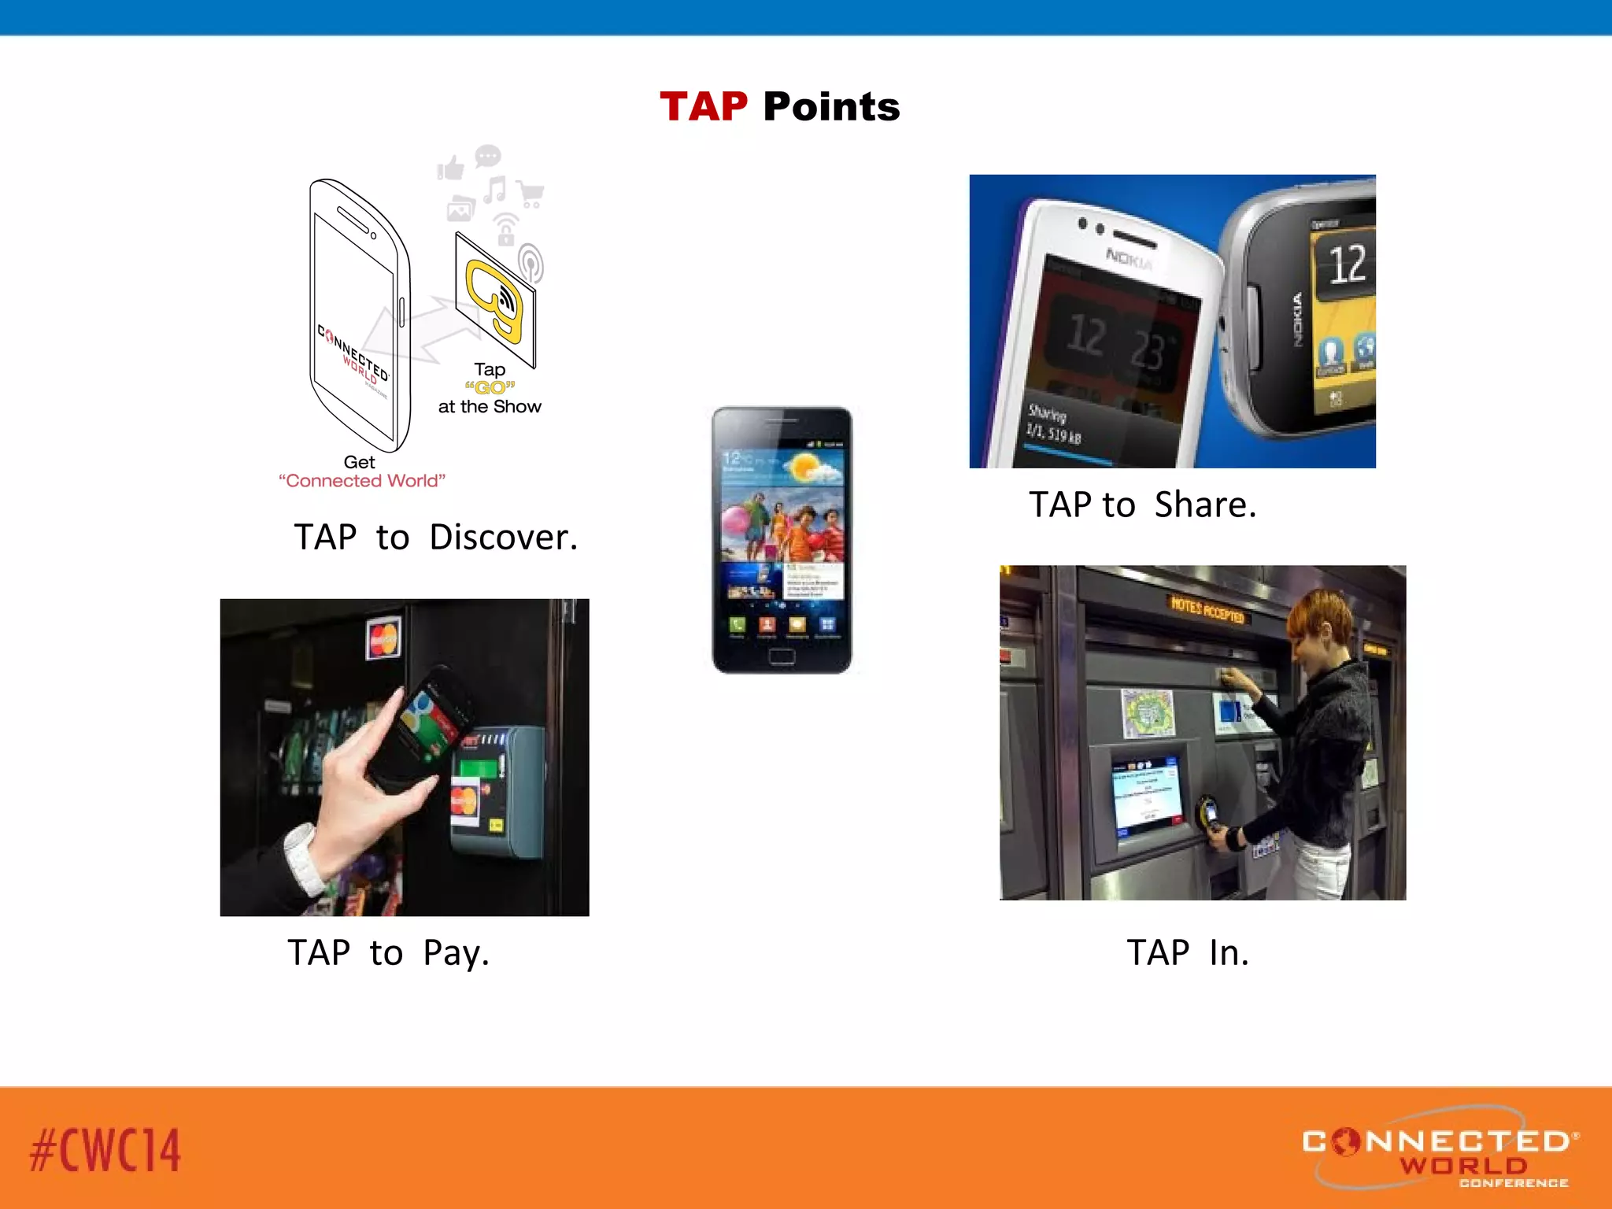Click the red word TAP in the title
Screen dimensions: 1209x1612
tap(703, 107)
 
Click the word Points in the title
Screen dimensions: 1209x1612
tap(831, 107)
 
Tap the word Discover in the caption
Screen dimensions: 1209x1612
tap(503, 538)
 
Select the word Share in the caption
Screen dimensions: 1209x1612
tap(1204, 505)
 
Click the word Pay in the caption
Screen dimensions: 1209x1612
tap(456, 953)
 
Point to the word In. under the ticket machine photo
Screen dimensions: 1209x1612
tap(1229, 952)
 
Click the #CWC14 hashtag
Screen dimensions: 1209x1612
tap(105, 1150)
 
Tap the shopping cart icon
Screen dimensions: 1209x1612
tap(531, 193)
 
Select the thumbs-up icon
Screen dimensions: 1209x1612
tap(451, 168)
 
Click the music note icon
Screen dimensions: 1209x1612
tap(495, 190)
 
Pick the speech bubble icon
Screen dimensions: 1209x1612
tap(488, 155)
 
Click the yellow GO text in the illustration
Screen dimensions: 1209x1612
tap(490, 387)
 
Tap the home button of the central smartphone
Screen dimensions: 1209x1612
tap(782, 656)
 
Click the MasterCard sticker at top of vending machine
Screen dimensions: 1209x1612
tap(383, 638)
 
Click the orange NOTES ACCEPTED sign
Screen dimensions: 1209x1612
tap(1207, 610)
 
